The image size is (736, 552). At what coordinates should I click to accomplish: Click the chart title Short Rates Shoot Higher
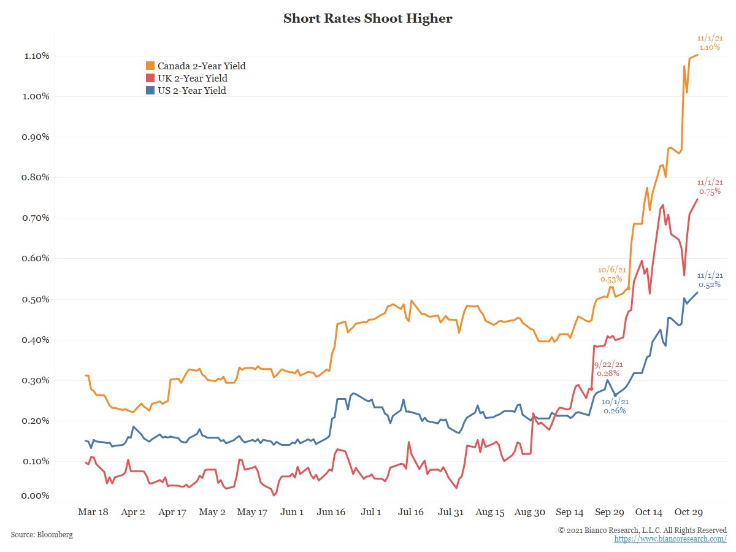coord(367,19)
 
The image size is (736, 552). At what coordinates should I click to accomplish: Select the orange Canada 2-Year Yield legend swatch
coord(150,66)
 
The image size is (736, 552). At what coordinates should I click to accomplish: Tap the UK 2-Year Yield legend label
coord(192,79)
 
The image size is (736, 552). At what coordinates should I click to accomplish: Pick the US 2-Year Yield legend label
coord(191,91)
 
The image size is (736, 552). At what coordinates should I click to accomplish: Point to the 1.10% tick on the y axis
coord(36,56)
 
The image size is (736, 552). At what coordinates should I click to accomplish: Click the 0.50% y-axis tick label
coord(36,299)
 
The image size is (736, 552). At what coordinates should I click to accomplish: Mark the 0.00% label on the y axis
coord(36,496)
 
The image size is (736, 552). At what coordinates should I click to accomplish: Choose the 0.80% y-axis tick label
coord(36,177)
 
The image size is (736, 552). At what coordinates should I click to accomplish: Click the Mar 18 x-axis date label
coord(93,512)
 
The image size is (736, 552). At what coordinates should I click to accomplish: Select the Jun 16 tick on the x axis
coord(331,512)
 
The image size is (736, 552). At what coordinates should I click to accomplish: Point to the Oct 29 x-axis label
coord(689,512)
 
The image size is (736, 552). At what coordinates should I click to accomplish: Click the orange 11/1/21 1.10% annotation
coord(710,42)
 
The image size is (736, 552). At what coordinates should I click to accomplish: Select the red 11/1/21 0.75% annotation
coord(710,187)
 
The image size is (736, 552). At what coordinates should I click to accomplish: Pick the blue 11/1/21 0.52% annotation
coord(710,280)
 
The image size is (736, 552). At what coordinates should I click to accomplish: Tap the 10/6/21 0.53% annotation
coord(611,274)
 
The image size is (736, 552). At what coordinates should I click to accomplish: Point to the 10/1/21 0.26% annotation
coord(615,406)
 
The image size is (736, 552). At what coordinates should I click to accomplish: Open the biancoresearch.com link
coord(670,539)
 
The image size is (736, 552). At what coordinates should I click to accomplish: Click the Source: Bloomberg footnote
coord(42,535)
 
